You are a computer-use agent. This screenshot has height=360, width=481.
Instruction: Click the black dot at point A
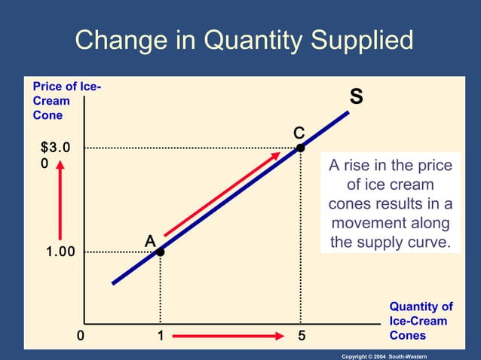pyautogui.click(x=160, y=252)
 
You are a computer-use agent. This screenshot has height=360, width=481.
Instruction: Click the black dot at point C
pyautogui.click(x=300, y=148)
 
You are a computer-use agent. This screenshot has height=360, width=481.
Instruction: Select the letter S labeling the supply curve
pyautogui.click(x=356, y=98)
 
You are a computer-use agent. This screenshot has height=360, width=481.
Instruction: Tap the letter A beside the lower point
pyautogui.click(x=150, y=240)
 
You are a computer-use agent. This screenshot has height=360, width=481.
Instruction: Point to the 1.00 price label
pyautogui.click(x=57, y=252)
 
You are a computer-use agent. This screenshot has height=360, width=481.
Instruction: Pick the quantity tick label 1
pyautogui.click(x=160, y=335)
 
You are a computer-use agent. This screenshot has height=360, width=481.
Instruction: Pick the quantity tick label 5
pyautogui.click(x=302, y=335)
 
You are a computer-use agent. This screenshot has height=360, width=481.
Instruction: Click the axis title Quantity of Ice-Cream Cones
pyautogui.click(x=421, y=321)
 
